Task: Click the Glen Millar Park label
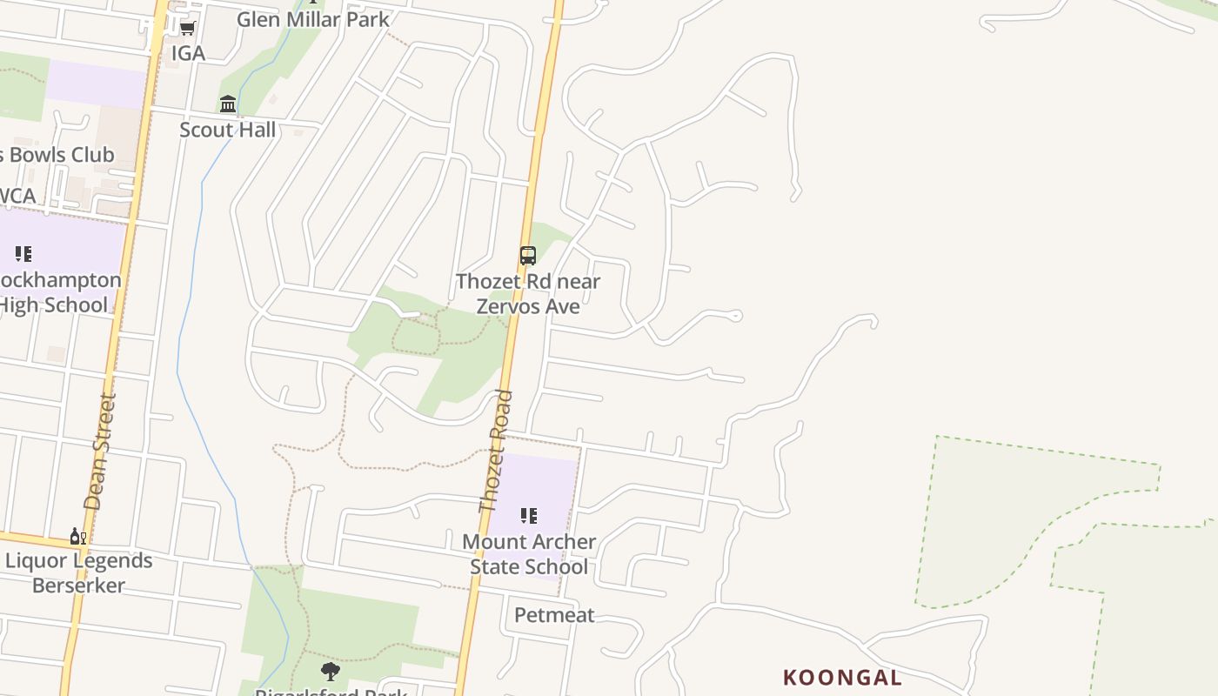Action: (x=313, y=19)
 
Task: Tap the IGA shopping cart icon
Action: (x=187, y=29)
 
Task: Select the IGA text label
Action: (x=188, y=53)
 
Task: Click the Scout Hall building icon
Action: (x=228, y=104)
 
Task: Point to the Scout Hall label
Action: (x=227, y=130)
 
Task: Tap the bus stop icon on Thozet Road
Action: (x=528, y=255)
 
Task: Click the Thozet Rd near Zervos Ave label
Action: (x=528, y=293)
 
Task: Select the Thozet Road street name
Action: (x=496, y=451)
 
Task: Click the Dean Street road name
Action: (x=99, y=451)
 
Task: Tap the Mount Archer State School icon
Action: (x=528, y=516)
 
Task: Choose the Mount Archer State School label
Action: (x=529, y=553)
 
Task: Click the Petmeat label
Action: (x=554, y=615)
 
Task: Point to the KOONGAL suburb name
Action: (x=842, y=677)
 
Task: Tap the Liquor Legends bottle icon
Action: (x=78, y=536)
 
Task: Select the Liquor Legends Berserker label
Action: (x=79, y=572)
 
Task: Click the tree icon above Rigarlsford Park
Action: (x=330, y=671)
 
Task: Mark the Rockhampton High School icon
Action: (x=23, y=254)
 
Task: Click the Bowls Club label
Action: (x=57, y=155)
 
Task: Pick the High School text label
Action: (x=54, y=304)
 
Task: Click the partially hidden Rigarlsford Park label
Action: (x=331, y=692)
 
